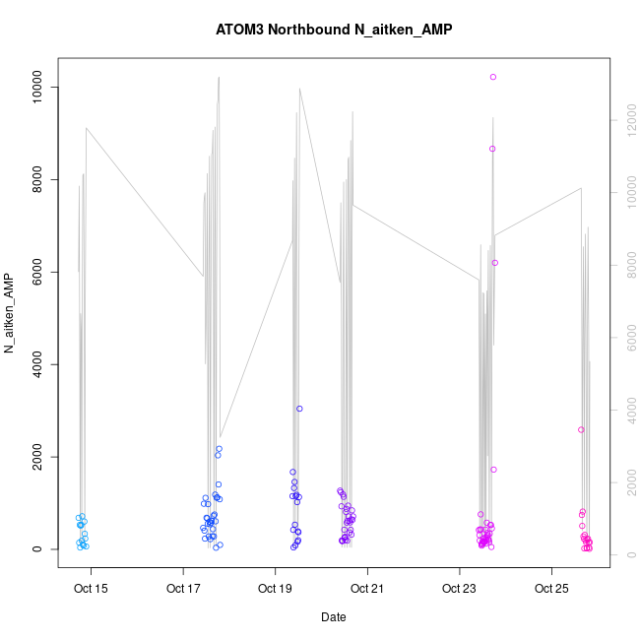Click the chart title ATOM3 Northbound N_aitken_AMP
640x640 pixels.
(x=333, y=30)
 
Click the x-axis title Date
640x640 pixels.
(x=333, y=617)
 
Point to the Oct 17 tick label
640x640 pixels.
(x=183, y=589)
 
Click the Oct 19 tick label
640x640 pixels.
(x=275, y=589)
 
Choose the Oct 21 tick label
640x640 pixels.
(x=367, y=589)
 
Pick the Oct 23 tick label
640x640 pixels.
(x=459, y=589)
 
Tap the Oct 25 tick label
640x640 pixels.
(x=551, y=589)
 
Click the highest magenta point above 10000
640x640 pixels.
(x=493, y=77)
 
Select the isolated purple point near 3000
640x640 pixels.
(x=299, y=409)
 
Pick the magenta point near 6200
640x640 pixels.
(x=495, y=263)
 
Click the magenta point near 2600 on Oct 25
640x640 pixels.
(x=581, y=429)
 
